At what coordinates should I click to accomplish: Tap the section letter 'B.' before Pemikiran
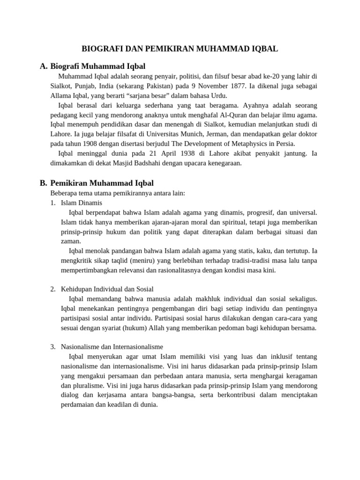coord(44,183)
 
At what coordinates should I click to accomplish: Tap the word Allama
coord(61,96)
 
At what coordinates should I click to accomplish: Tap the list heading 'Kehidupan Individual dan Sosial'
coord(107,289)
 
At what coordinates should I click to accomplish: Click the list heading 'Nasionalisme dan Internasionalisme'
coord(112,347)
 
